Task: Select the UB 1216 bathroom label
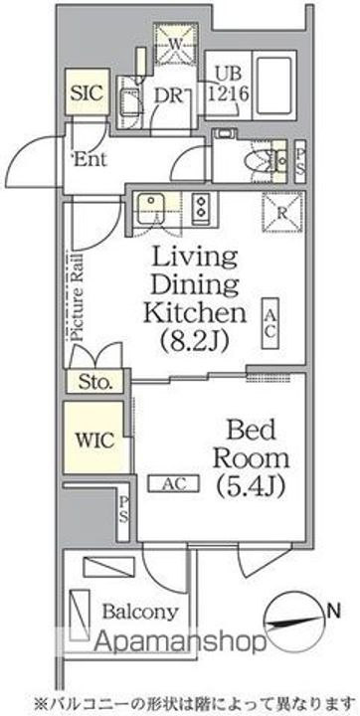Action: pos(228,85)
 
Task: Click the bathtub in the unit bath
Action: pos(274,86)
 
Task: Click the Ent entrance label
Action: pos(90,159)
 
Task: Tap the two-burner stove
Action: pos(201,207)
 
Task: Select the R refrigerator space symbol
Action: pos(282,213)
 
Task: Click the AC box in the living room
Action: pos(270,323)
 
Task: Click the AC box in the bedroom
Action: pos(174,483)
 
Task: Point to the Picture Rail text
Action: pos(77,296)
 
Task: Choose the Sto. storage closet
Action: pos(95,381)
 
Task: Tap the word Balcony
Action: pos(140,613)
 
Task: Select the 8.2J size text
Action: pos(195,341)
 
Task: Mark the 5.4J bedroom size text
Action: pos(252,487)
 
